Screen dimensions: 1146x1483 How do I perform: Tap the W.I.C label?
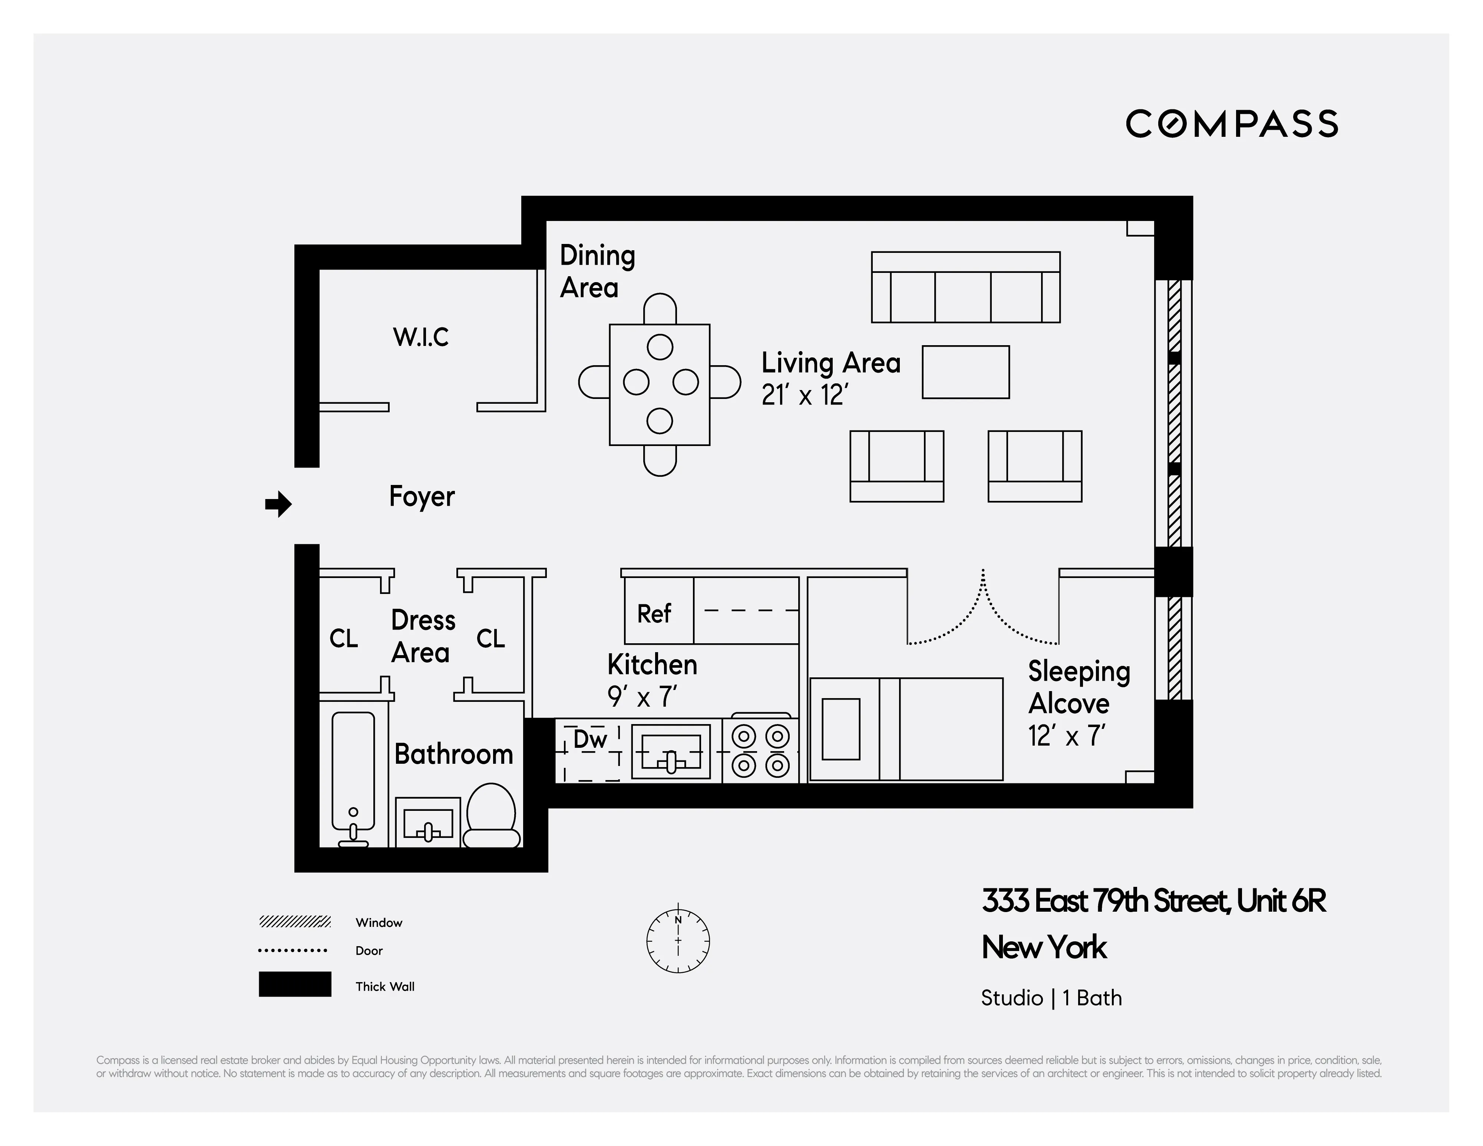[x=420, y=337]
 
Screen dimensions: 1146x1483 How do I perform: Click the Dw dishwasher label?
[x=589, y=739]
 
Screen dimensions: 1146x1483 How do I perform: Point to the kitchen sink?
[x=670, y=752]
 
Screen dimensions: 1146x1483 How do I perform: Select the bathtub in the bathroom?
[x=353, y=774]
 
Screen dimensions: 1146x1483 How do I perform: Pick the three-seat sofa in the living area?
[x=965, y=288]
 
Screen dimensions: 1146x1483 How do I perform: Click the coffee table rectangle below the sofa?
[x=965, y=372]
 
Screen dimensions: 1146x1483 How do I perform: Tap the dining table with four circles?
[x=659, y=384]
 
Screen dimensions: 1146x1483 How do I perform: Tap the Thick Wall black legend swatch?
[x=295, y=984]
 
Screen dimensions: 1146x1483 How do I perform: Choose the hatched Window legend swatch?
[x=295, y=921]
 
